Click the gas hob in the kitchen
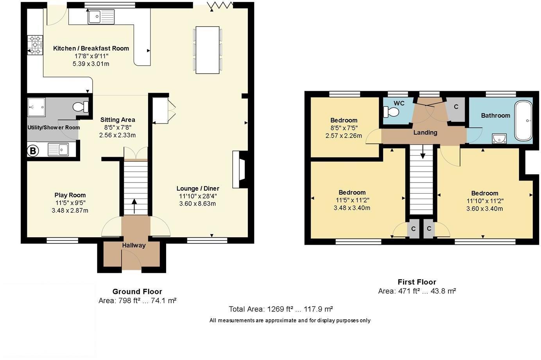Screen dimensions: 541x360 [x=35, y=45]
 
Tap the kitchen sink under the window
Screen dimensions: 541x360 [x=101, y=16]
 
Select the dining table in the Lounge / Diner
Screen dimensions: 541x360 [x=208, y=50]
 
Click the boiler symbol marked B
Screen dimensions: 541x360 [x=32, y=151]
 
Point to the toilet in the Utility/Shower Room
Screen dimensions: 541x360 [x=81, y=107]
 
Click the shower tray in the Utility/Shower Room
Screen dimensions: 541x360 [x=36, y=107]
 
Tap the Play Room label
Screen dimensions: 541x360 [x=70, y=195]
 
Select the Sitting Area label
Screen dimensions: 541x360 [x=118, y=120]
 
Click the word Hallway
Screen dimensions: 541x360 [x=134, y=245]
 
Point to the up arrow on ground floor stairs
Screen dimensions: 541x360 [x=134, y=206]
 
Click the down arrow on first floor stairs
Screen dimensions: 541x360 [x=423, y=152]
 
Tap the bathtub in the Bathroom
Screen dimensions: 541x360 [x=523, y=120]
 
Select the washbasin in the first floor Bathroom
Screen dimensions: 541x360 [x=499, y=139]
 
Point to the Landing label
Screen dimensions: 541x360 [x=425, y=133]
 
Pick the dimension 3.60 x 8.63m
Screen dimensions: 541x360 [x=197, y=204]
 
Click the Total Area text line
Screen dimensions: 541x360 [x=281, y=309]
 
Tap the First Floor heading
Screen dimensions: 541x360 [x=417, y=282]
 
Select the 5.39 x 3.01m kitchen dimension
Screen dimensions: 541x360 [x=91, y=64]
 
